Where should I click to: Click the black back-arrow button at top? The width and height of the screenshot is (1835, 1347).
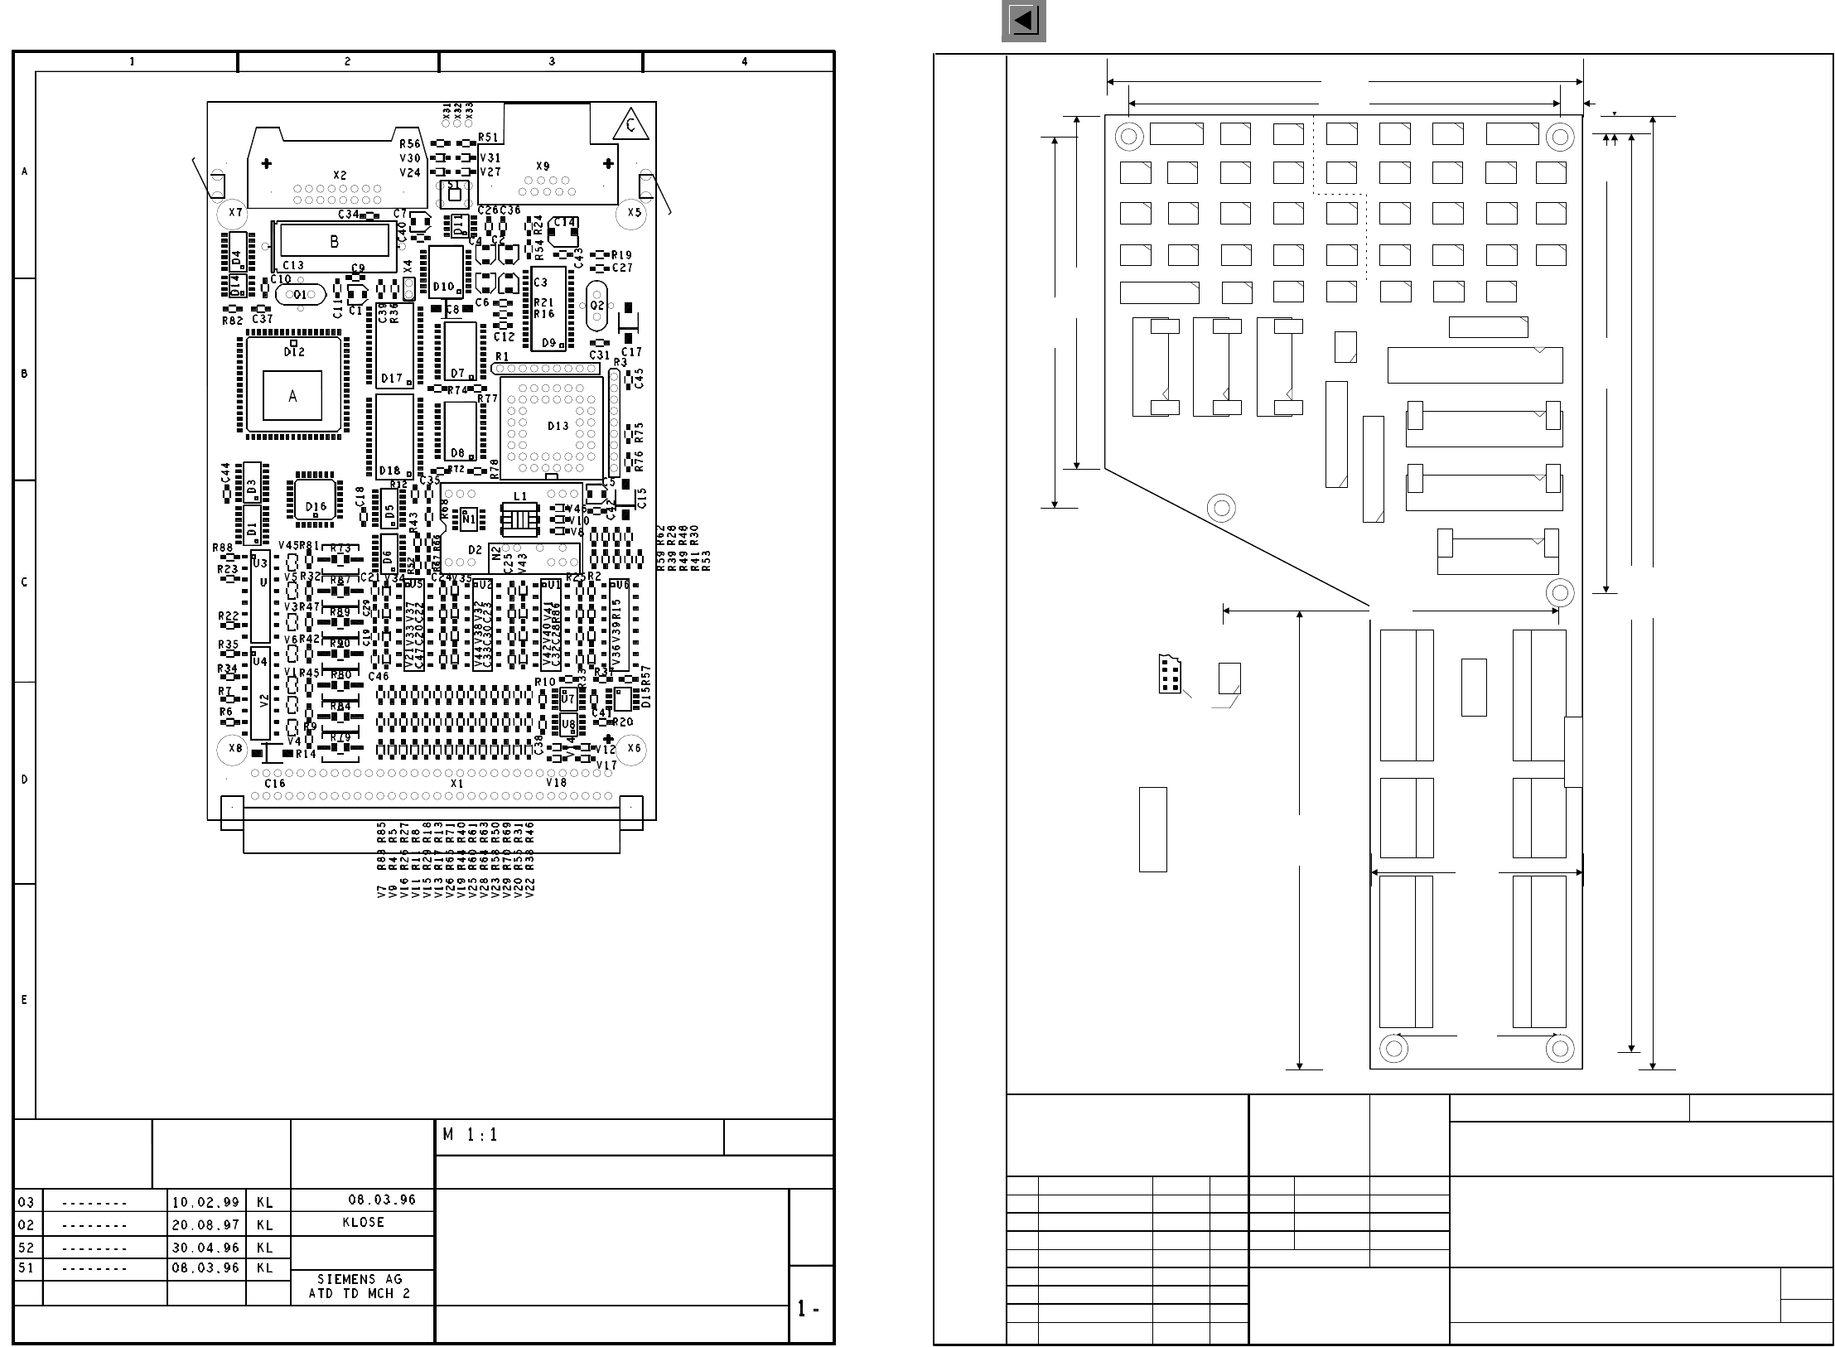1023,21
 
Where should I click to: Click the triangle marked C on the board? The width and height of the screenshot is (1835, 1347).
631,127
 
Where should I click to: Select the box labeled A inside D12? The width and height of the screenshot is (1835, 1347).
292,396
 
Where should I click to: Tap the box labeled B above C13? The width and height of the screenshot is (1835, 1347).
334,241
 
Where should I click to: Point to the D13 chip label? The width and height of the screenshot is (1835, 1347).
558,426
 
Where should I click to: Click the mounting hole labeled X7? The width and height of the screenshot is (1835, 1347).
236,212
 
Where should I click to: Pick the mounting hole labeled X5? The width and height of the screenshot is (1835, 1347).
634,212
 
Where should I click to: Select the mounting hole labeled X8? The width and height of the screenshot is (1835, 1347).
235,749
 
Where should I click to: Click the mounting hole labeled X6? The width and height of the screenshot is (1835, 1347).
634,748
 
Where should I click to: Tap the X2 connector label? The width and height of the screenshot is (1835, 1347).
340,176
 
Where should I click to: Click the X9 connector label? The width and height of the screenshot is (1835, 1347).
543,167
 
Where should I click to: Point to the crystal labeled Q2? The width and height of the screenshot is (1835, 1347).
597,305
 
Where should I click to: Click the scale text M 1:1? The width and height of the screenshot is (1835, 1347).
470,1135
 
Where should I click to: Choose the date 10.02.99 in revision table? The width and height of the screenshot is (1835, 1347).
205,1202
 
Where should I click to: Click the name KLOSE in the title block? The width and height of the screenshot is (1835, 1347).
363,1223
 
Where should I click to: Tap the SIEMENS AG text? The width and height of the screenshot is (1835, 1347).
360,1280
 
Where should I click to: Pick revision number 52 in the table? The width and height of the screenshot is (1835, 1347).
26,1247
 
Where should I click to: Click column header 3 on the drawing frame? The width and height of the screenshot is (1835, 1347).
552,61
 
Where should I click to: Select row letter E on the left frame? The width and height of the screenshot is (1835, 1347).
24,1000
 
